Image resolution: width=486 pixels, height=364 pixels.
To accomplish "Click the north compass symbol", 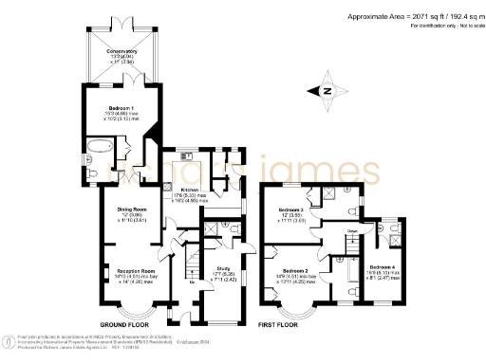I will (x=325, y=90).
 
